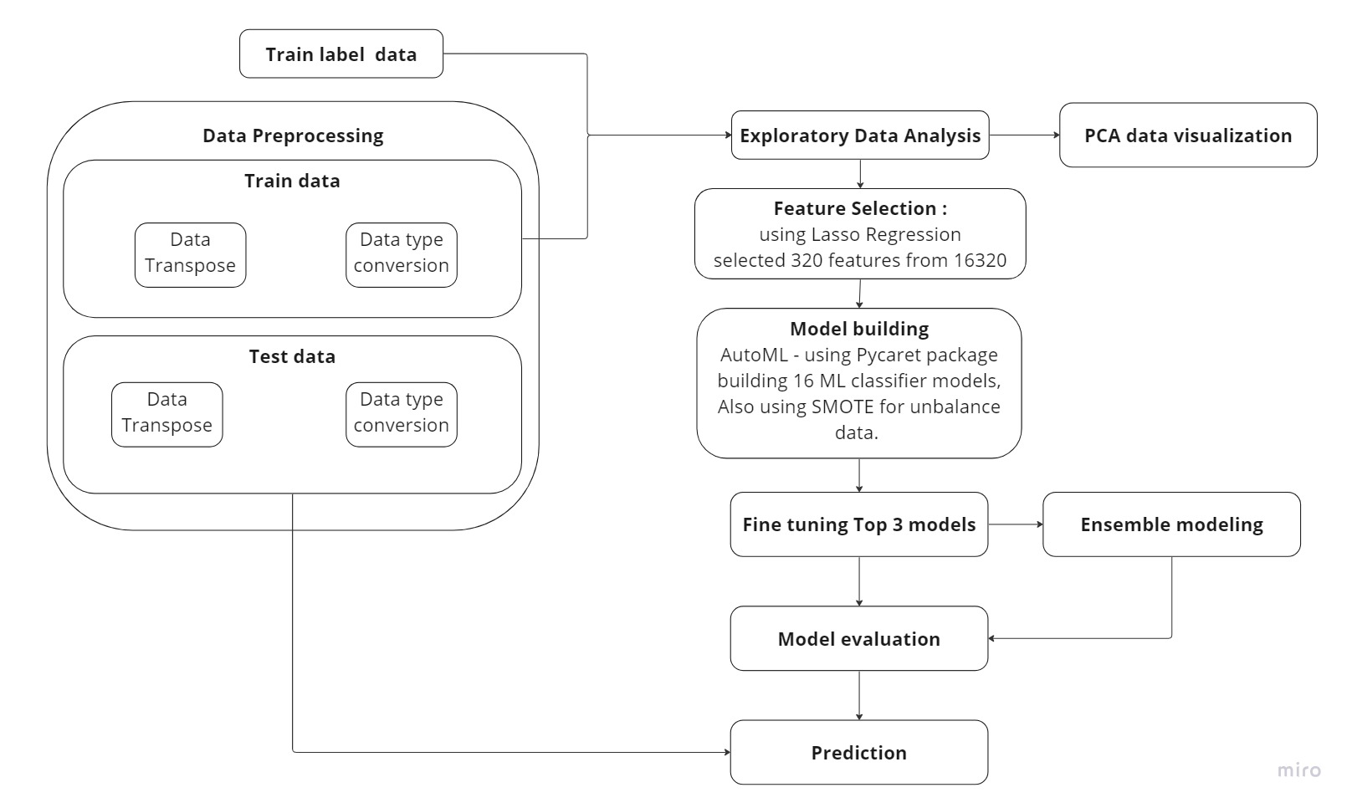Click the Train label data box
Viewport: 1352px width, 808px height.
click(x=341, y=54)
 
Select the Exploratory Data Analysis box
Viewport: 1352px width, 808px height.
click(x=859, y=136)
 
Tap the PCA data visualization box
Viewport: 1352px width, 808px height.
click(x=1187, y=136)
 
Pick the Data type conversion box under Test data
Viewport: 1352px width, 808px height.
click(x=401, y=414)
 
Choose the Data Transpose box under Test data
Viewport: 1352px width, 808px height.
click(x=166, y=414)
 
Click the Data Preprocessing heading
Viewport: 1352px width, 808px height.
click(x=293, y=136)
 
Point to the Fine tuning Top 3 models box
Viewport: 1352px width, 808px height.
click(x=858, y=524)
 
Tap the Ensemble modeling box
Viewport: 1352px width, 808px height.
click(x=1170, y=524)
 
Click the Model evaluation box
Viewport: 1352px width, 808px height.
click(x=858, y=639)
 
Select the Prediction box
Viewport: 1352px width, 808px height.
click(x=858, y=753)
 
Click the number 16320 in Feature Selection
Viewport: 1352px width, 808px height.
click(x=980, y=260)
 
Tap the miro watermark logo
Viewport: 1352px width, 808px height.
click(x=1298, y=770)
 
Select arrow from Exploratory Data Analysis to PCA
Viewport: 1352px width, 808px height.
click(x=1024, y=135)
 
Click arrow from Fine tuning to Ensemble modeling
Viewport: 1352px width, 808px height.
click(x=1015, y=524)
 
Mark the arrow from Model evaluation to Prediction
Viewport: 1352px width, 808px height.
click(x=859, y=694)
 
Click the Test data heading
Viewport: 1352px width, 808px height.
click(x=292, y=356)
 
